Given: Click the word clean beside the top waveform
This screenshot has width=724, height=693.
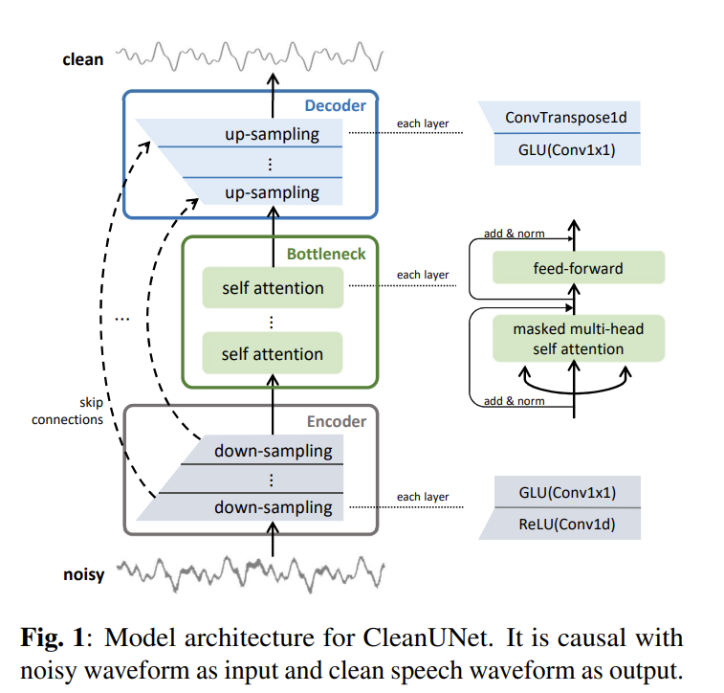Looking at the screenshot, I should click(x=82, y=59).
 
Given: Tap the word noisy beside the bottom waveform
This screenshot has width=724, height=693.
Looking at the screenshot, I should click(x=82, y=575).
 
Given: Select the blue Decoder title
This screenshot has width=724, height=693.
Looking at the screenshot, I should click(x=336, y=105).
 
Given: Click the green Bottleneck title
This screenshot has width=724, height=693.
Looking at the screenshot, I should click(x=326, y=255).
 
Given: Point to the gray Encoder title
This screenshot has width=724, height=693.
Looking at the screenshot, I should click(x=336, y=420).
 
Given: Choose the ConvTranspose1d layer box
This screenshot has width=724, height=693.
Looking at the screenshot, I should click(x=566, y=120).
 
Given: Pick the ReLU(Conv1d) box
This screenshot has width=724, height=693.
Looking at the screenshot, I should click(x=566, y=525).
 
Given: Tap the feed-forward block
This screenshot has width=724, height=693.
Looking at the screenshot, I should click(x=578, y=268).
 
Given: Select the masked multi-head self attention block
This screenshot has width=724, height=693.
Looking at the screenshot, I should click(x=578, y=339).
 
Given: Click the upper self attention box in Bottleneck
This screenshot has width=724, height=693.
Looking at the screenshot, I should click(x=273, y=288).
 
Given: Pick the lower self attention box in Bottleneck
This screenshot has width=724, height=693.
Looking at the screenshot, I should click(x=273, y=354).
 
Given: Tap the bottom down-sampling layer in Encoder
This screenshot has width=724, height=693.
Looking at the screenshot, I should click(x=273, y=507).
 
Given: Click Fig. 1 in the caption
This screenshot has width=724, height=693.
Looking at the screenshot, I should click(x=53, y=638).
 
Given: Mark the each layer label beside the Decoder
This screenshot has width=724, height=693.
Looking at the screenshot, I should click(x=423, y=124).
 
